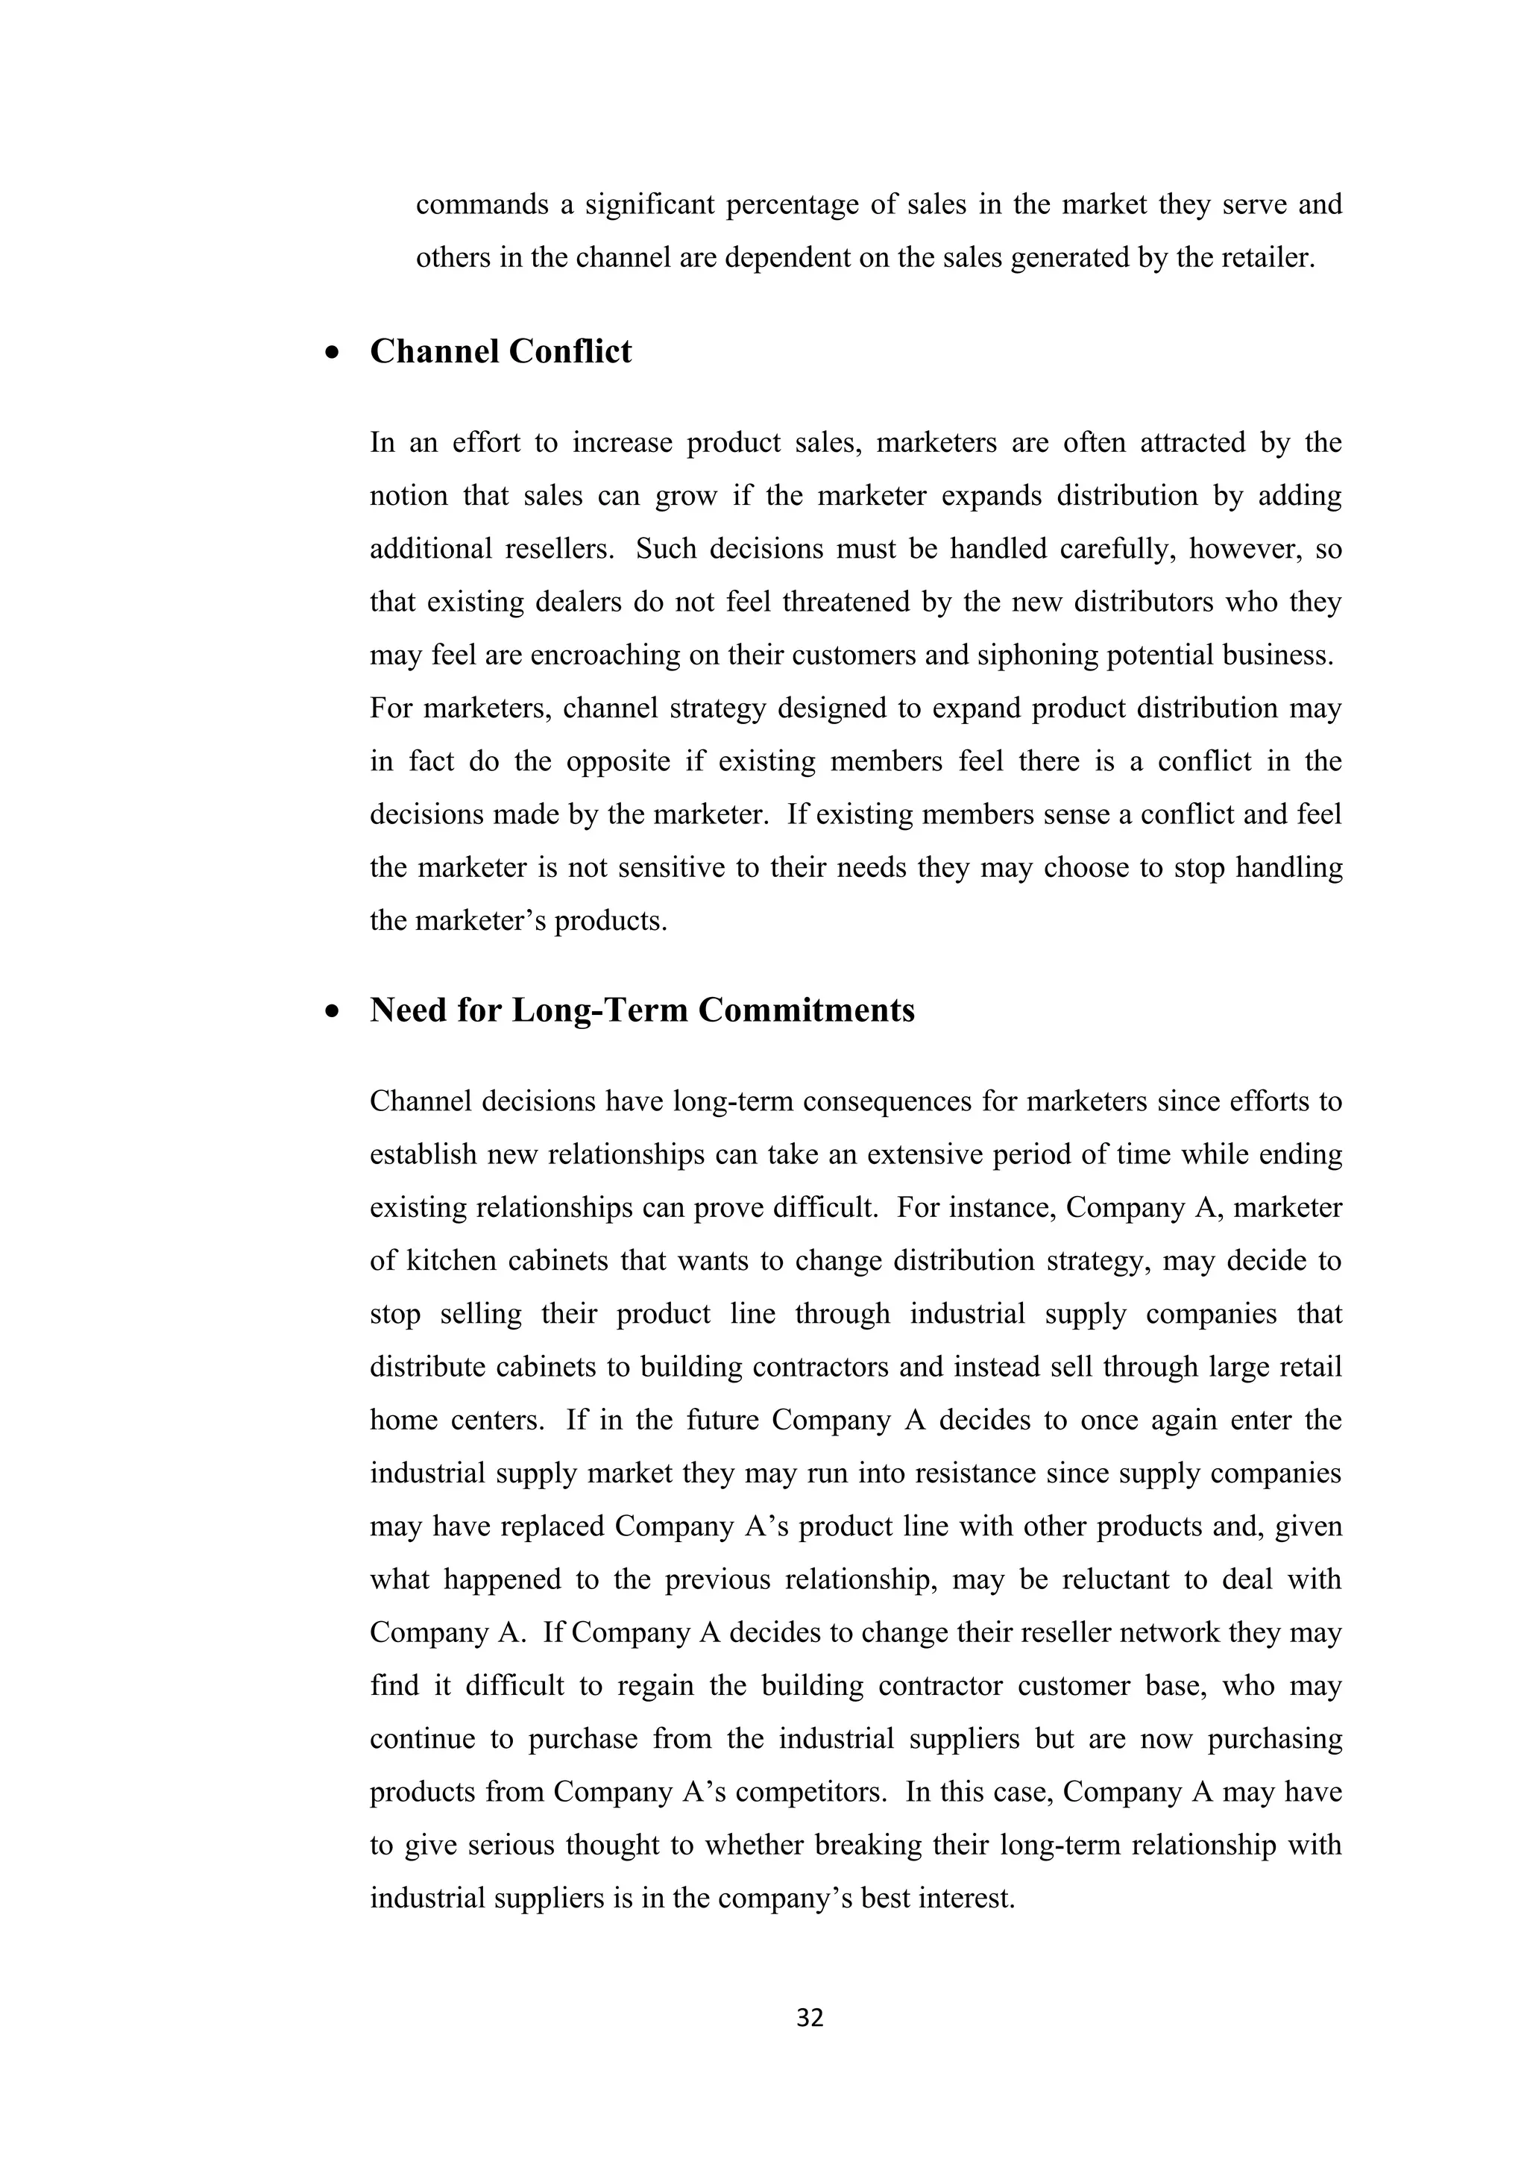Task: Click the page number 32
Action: (809, 2017)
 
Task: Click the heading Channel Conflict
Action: (500, 351)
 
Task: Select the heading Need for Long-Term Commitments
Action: (642, 1010)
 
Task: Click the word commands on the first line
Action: (482, 204)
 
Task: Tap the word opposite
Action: (618, 761)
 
